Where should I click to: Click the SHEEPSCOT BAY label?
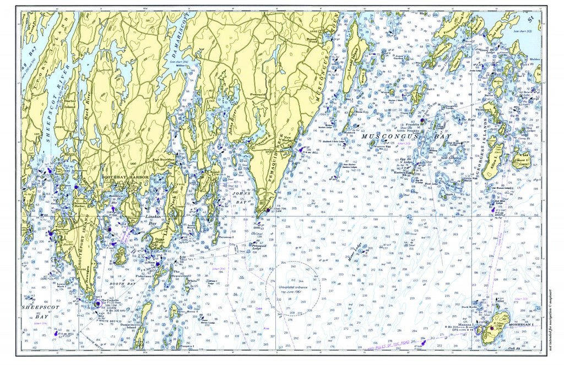point(35,312)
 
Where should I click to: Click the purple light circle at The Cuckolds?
point(99,302)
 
